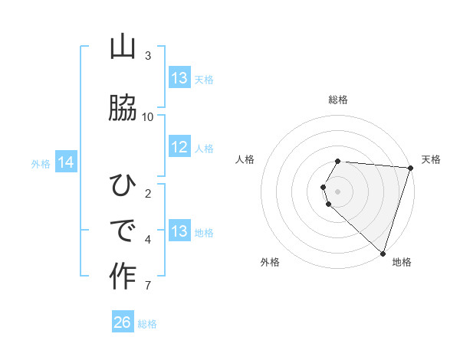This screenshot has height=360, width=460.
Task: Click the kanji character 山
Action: coord(123,47)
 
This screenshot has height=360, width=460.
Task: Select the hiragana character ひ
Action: coord(123,185)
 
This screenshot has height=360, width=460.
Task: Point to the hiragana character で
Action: coord(123,229)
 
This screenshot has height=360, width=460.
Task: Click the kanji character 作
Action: coord(123,275)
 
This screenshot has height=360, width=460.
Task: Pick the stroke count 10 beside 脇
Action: coord(148,116)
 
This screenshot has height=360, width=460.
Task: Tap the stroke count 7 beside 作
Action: coord(148,286)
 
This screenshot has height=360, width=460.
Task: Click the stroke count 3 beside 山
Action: coord(148,55)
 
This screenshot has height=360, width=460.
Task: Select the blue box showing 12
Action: coord(179,148)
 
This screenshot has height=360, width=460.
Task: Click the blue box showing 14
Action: coord(65,162)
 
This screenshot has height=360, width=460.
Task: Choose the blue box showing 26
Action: coord(122,322)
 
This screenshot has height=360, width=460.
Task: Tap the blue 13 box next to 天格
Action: coord(179,78)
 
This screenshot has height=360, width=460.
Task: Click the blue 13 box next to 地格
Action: coord(179,231)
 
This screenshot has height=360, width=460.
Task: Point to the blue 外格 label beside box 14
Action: coord(41,163)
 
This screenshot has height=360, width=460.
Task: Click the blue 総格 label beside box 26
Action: coord(147,324)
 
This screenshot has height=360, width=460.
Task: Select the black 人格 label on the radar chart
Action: coord(245,159)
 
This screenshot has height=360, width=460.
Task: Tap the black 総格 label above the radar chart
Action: coord(338,100)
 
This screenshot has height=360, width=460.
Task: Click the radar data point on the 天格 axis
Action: coord(410,169)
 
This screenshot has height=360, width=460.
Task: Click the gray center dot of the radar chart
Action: coord(338,191)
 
